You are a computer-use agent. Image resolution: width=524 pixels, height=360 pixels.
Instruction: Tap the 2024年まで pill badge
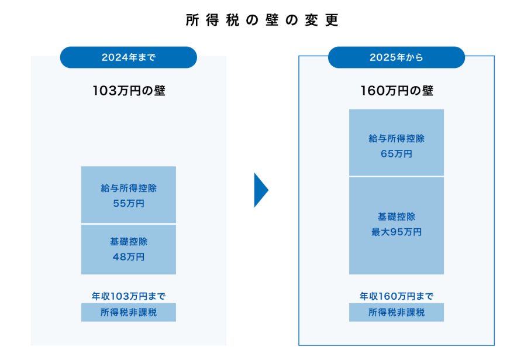coord(129,57)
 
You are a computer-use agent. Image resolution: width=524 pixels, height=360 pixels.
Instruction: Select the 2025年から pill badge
coord(397,57)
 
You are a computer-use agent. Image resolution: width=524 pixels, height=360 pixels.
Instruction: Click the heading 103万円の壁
coord(129,91)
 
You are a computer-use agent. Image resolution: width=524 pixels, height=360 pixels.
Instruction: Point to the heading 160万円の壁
coord(397,91)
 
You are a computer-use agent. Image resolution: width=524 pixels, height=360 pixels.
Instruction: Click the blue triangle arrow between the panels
coord(261,190)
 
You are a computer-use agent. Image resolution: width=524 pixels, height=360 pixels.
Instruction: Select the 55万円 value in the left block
coord(129,204)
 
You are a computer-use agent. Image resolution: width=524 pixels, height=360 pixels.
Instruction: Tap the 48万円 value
coord(129,256)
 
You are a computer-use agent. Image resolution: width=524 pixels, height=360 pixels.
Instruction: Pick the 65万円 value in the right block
coord(397,153)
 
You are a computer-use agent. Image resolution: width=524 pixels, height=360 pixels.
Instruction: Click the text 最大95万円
coord(397,232)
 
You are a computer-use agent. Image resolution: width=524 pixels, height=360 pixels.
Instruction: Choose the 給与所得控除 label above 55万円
coord(129,189)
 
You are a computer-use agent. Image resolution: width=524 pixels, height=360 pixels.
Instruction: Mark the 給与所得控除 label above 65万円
coord(397,139)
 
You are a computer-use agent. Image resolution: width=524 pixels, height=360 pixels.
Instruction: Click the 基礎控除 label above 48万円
coord(129,241)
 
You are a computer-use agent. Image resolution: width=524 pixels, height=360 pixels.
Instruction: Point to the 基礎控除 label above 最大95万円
coord(397,217)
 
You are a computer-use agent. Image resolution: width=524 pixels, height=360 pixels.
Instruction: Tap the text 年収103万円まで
coord(129,296)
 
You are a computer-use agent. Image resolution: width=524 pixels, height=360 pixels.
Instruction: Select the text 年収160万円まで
coord(397,296)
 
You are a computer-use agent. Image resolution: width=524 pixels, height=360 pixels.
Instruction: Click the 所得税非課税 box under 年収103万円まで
coord(129,313)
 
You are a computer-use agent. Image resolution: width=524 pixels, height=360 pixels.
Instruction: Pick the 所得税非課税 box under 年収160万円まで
coord(397,313)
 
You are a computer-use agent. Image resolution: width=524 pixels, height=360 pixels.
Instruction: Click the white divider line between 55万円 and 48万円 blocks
coord(129,224)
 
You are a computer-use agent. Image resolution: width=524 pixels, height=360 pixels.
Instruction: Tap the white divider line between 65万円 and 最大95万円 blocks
coord(397,176)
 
